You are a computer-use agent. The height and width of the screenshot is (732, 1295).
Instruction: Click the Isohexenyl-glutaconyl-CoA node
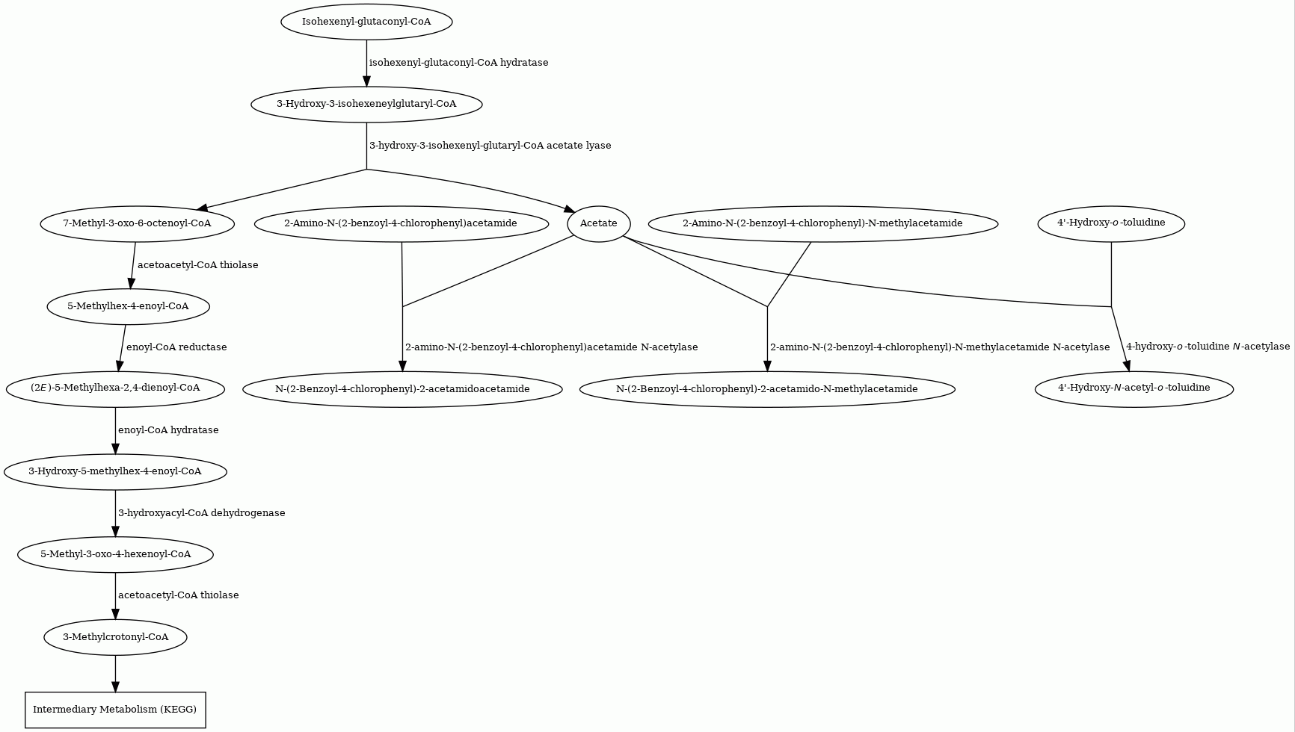pos(366,22)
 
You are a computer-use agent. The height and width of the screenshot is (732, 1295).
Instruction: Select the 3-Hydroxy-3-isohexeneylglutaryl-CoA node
pos(366,104)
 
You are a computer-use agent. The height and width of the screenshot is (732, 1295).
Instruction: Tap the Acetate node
pos(599,223)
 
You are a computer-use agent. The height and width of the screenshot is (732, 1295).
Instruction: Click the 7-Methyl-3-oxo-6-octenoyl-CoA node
pos(137,223)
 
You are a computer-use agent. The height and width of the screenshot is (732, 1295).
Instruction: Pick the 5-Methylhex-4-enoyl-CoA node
pos(128,306)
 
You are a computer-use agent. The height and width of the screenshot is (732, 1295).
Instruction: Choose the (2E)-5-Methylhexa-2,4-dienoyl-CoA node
pos(115,388)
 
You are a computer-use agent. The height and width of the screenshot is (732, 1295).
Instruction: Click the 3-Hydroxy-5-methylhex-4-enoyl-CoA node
pos(115,471)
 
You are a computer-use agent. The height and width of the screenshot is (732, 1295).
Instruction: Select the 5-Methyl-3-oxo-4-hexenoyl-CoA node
pos(115,554)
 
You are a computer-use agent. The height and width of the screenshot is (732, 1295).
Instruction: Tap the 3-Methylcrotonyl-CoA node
pos(115,637)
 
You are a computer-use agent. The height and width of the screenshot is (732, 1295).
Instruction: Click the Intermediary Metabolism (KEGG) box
pos(115,710)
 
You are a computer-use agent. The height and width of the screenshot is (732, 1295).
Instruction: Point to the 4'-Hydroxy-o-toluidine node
pos(1111,223)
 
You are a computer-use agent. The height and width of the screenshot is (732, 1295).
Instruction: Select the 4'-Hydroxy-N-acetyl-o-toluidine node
pos(1133,388)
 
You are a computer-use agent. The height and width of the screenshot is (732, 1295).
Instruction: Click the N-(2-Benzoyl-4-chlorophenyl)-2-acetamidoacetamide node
pos(402,388)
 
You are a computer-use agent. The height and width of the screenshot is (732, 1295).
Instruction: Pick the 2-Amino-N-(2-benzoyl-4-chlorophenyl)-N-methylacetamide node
pos(822,223)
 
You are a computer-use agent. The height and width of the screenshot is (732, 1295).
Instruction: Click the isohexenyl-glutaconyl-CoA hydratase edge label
pos(459,63)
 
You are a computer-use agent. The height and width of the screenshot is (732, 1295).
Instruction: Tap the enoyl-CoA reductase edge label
pos(176,347)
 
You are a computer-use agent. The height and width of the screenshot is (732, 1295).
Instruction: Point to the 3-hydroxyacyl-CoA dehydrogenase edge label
pos(202,513)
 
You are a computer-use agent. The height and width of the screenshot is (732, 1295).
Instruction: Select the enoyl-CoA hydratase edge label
pos(168,430)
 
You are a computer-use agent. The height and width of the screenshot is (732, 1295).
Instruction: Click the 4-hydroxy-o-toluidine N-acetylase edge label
pos(1208,347)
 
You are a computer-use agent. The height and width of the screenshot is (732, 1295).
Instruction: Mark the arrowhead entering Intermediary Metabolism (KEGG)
pos(115,686)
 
